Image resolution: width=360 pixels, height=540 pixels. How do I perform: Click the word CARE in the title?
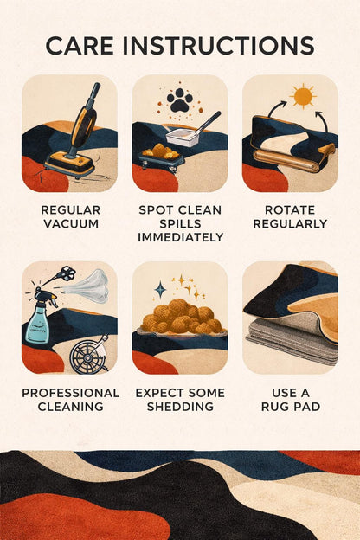tap(80, 46)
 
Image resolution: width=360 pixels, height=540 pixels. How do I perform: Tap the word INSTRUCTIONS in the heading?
tap(218, 46)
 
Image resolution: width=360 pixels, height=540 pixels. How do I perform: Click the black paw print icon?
tap(179, 100)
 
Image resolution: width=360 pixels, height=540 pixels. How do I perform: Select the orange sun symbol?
tap(303, 96)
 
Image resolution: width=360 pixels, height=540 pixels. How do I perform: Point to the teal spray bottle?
tap(41, 318)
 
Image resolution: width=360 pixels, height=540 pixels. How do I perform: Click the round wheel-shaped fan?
tap(88, 357)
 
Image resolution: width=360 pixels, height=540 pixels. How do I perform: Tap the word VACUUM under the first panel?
tap(71, 224)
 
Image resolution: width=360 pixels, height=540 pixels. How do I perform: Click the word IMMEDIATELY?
tap(181, 237)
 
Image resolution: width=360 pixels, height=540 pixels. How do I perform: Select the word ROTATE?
tap(290, 210)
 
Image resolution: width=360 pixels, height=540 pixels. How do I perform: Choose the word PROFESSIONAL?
tap(71, 393)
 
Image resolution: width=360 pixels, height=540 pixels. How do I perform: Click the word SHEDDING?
tap(180, 407)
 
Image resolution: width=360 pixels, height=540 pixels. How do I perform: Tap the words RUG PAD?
tap(291, 407)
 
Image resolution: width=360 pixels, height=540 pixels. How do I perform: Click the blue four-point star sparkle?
tap(160, 289)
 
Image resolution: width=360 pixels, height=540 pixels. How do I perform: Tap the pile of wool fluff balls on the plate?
tap(181, 316)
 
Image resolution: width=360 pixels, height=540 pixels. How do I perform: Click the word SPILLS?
tap(180, 224)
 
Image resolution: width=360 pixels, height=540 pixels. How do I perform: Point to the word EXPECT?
tap(157, 393)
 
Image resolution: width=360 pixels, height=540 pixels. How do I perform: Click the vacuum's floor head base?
tap(69, 165)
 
